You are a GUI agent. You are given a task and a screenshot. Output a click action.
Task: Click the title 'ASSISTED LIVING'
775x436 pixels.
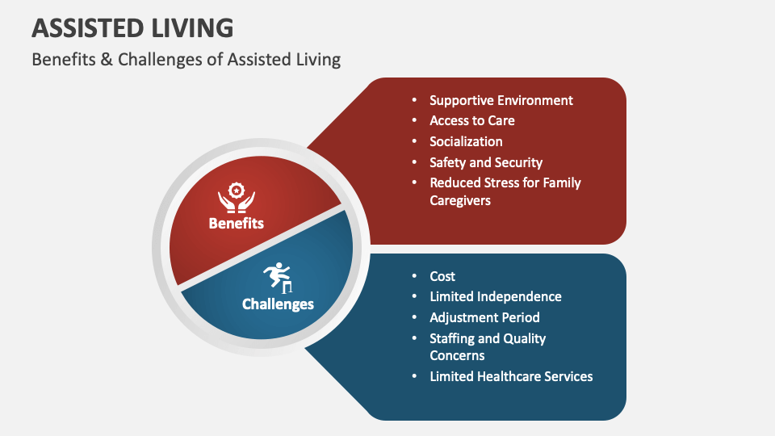coord(132,28)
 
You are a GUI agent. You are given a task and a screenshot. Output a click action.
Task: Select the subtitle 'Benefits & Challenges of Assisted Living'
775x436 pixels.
coord(186,60)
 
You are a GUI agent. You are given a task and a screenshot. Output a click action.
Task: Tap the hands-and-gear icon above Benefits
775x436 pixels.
coord(236,199)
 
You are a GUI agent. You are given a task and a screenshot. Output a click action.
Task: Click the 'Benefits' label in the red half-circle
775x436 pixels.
coord(236,224)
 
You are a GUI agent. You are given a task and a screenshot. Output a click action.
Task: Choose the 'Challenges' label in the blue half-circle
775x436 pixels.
coord(278,304)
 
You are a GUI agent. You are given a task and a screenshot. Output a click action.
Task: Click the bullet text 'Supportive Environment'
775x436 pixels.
coord(501,100)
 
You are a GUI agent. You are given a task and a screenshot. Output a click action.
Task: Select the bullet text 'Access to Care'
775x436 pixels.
coord(471,121)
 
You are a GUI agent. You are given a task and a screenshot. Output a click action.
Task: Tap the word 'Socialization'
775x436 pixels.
coord(466,141)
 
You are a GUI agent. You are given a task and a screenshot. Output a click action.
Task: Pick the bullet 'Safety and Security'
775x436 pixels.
coord(485,162)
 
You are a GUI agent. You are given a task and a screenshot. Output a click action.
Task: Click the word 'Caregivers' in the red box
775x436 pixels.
coord(459,200)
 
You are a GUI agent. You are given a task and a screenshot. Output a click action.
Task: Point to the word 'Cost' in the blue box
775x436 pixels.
coord(442,276)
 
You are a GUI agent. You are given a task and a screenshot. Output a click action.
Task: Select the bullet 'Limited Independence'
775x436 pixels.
coord(495,296)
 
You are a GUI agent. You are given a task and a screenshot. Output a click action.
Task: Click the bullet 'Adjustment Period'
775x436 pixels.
coord(484,317)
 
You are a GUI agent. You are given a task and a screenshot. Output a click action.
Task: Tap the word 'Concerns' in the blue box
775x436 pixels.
coord(457,355)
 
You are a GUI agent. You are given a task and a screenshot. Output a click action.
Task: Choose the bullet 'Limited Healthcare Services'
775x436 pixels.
coord(511,376)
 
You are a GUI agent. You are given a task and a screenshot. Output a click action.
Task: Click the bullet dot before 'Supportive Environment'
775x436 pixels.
coord(415,100)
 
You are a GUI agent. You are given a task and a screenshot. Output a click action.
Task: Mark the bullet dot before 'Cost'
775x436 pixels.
coord(415,276)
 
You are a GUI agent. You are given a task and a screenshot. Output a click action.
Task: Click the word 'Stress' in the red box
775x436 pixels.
coord(498,183)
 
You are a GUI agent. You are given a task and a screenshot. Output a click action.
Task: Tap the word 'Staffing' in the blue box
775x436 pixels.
coord(453,338)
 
